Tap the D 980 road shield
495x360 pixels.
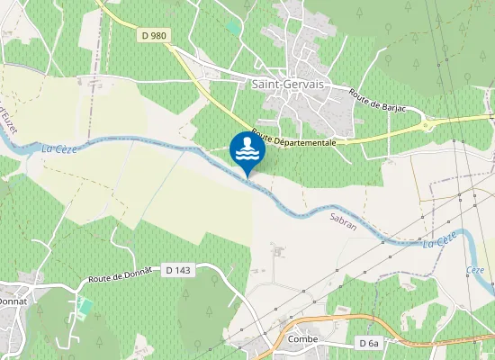[154, 35]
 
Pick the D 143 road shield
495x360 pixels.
[178, 269]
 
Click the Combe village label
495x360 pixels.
[304, 339]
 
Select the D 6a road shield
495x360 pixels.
[368, 343]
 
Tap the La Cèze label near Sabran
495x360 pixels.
[440, 238]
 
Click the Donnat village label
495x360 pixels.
[13, 301]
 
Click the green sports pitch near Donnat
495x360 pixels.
[85, 305]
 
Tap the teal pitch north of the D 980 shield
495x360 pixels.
[234, 27]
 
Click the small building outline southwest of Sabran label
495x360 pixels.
[277, 253]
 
